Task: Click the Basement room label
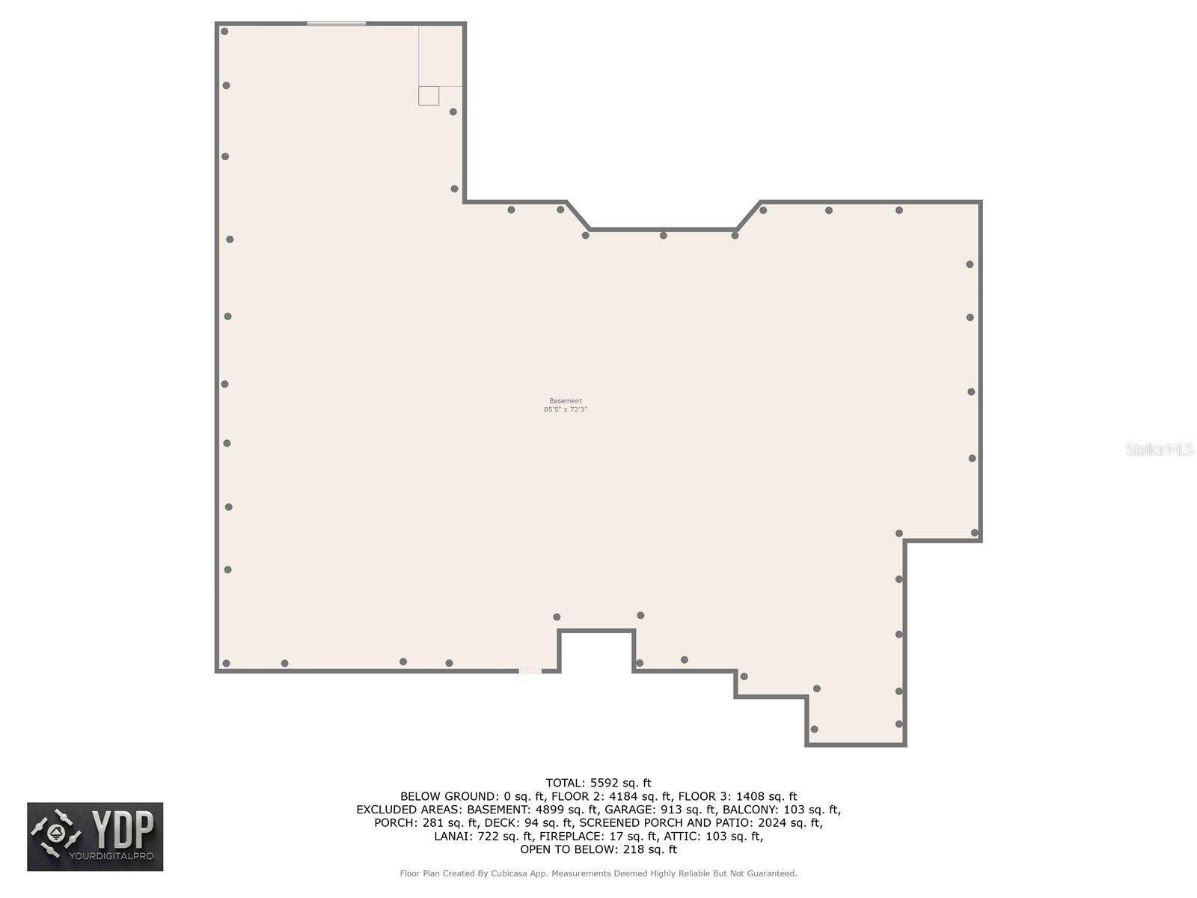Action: [565, 401]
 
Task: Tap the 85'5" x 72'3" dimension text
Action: [565, 410]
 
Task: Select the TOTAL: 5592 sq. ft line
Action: [598, 784]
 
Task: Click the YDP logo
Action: [95, 837]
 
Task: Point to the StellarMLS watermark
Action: [1160, 449]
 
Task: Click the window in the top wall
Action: [337, 24]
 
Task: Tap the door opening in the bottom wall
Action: [530, 671]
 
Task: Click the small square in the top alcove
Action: [429, 96]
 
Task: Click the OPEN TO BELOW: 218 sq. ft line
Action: [598, 849]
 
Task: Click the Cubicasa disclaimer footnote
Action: [598, 873]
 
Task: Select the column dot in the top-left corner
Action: [224, 31]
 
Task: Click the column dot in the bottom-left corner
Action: [226, 663]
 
